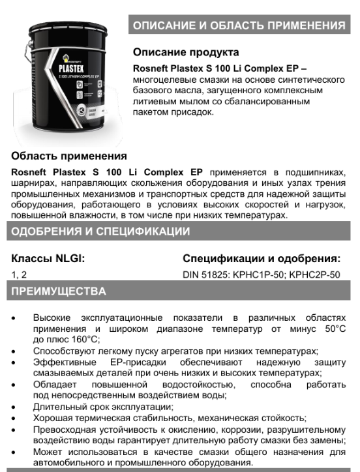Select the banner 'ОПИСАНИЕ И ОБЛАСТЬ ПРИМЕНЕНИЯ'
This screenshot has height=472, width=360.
point(239,26)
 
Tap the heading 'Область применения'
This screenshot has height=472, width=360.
point(69,156)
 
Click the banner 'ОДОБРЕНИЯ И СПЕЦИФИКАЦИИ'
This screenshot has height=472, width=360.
point(101,231)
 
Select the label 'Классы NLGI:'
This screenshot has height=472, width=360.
point(48,258)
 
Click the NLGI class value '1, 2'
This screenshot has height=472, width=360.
point(20,274)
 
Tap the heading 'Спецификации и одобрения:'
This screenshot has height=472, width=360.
point(262,258)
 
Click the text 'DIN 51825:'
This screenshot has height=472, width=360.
point(207,274)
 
